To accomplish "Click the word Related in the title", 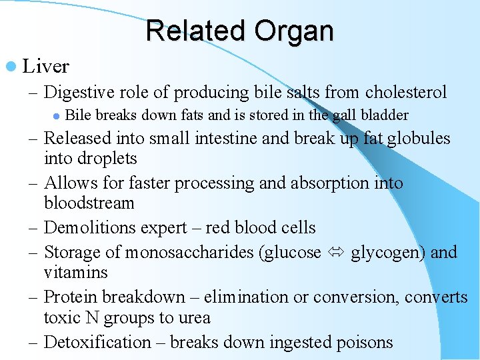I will pos(194,31).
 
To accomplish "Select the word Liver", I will pos(45,67).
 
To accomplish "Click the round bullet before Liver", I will pos(12,67).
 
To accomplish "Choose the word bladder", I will pos(384,115).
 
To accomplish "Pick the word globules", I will pos(417,139).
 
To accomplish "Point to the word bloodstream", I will pos(89,203).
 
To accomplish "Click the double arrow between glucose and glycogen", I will pos(336,253).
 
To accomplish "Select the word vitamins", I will pos(76,272).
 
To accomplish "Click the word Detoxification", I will pos(97,342).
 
